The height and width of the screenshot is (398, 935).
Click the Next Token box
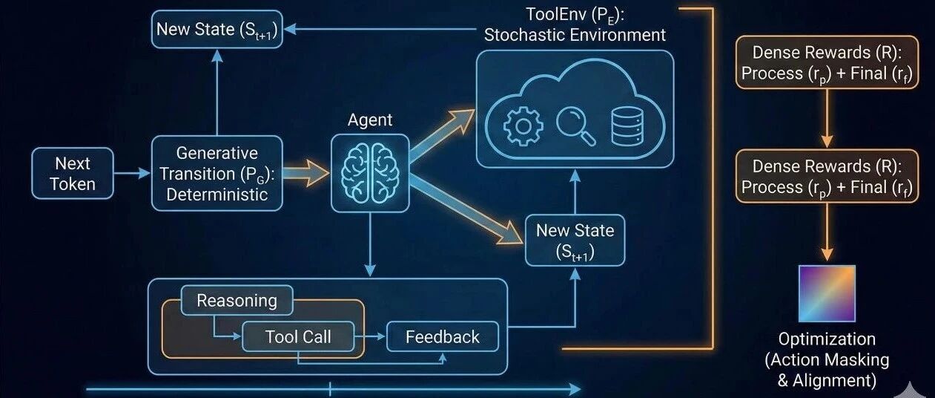tap(73, 173)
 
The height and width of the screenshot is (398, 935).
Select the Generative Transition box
tap(217, 174)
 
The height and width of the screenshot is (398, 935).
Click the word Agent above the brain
tap(369, 120)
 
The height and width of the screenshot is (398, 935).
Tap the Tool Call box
tap(298, 337)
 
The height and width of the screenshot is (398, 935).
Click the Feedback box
tap(442, 337)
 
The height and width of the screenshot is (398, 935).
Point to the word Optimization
tap(827, 339)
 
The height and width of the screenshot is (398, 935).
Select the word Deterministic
tap(217, 195)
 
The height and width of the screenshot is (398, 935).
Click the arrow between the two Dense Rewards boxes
tap(827, 119)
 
